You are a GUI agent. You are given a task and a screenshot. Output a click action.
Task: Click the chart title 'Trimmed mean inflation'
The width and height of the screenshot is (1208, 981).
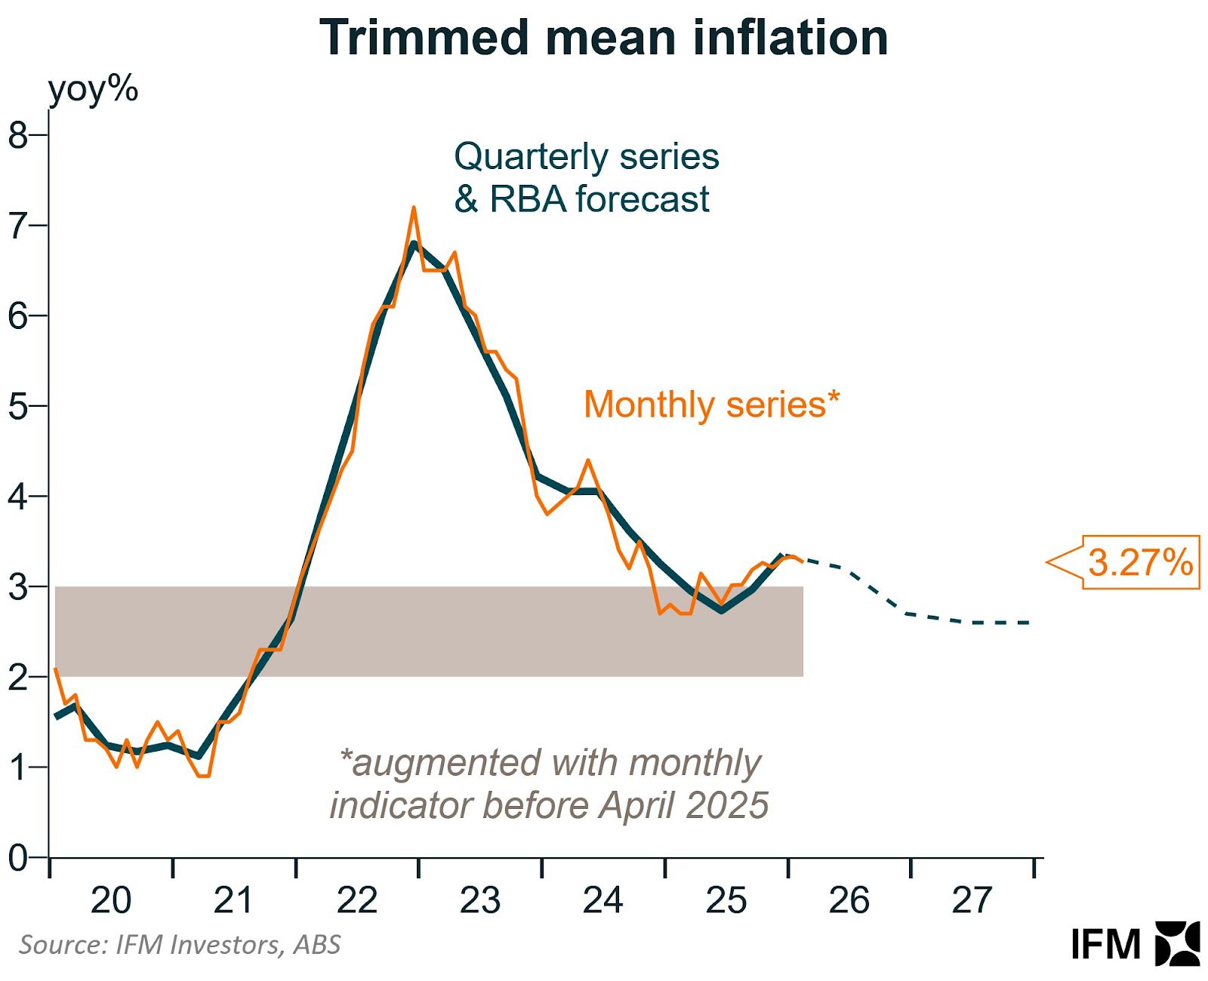click(x=603, y=37)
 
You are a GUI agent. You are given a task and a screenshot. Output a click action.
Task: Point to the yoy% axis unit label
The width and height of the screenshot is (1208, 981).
click(x=93, y=90)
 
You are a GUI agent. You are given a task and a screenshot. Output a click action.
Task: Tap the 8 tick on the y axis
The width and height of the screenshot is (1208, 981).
click(x=18, y=136)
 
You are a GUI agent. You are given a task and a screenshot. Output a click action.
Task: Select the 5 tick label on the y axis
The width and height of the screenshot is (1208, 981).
click(x=18, y=407)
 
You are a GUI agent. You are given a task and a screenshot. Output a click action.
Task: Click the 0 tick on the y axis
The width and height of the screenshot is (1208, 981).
click(x=18, y=858)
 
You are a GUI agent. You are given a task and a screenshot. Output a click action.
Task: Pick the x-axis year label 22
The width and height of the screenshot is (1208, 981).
click(x=356, y=900)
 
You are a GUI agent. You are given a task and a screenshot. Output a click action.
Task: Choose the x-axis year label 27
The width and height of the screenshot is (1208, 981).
click(x=971, y=900)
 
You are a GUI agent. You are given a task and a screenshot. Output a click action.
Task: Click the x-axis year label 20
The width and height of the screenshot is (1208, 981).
click(x=111, y=900)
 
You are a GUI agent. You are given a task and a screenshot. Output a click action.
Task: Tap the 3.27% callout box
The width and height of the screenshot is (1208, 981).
click(x=1140, y=562)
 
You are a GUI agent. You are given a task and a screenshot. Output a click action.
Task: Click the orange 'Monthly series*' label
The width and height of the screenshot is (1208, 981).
click(x=711, y=404)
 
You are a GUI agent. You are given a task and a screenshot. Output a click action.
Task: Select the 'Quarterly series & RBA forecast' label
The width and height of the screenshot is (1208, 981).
click(x=586, y=178)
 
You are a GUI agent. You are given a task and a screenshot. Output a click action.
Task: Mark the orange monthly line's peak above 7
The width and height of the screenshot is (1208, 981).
click(x=414, y=208)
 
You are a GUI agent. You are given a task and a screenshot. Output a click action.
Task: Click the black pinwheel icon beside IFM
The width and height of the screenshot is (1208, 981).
click(x=1177, y=943)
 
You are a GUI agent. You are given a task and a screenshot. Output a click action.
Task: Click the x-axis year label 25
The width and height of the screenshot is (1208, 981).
click(x=726, y=900)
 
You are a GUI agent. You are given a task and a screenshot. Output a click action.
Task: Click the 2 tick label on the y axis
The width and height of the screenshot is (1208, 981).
click(x=18, y=678)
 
